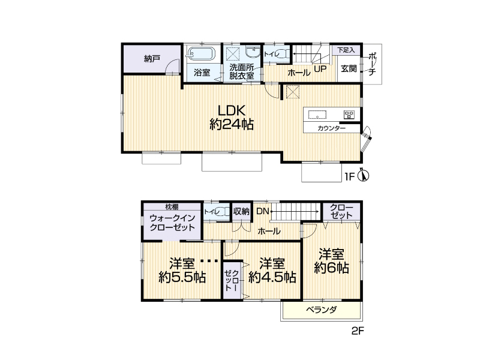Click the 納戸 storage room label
point(152,58)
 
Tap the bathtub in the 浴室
point(202,54)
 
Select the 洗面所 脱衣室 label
point(242,71)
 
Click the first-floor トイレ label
point(271,54)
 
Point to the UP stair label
point(320,69)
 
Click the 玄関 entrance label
point(349,68)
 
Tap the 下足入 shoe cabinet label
point(346,50)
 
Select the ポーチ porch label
point(372,64)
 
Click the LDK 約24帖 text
point(232,117)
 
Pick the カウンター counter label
point(332,128)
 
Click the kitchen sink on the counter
point(317,115)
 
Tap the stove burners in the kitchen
point(349,115)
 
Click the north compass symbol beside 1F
point(364,176)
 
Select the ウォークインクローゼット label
point(172,223)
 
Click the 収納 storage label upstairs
point(241,211)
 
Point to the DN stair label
point(262,211)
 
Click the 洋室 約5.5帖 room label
point(182,271)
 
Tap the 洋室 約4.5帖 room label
point(272,271)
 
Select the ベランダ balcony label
point(322,310)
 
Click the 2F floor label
point(358,331)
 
